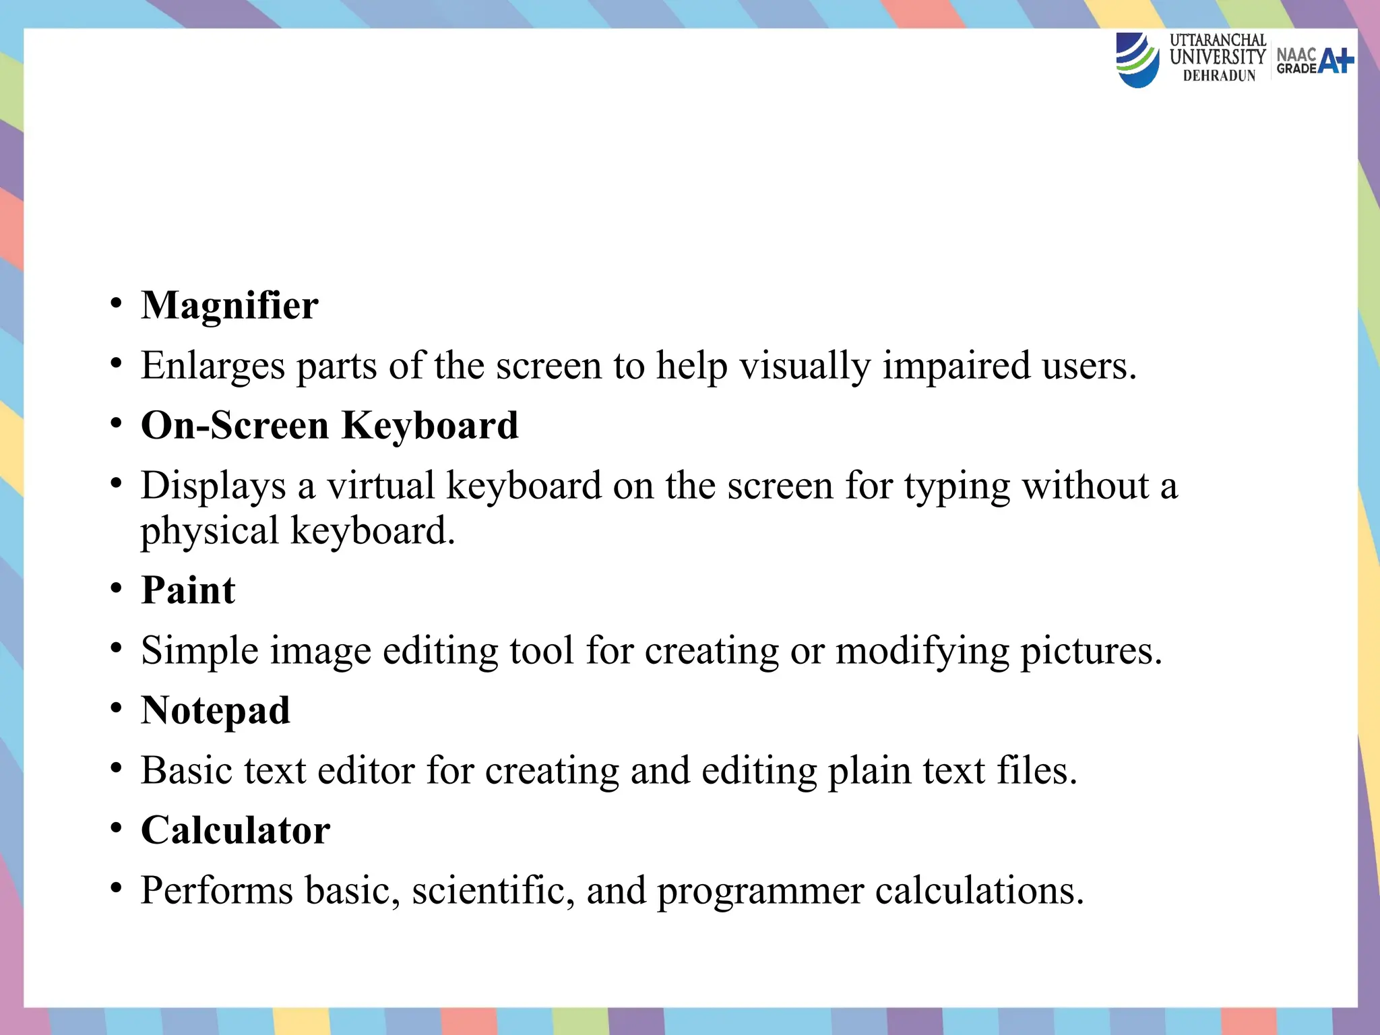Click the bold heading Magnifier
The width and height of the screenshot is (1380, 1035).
(x=229, y=305)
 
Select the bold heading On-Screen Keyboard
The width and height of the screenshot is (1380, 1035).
(x=330, y=425)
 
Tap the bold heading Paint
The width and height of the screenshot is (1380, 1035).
(x=188, y=590)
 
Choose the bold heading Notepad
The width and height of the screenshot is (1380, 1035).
(x=216, y=710)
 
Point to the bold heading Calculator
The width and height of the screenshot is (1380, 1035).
(x=235, y=829)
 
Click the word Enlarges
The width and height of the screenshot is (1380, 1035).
(x=213, y=366)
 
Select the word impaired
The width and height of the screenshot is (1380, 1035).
(x=956, y=366)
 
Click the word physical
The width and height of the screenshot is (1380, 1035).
(x=210, y=531)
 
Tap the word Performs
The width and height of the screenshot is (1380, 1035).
(x=217, y=890)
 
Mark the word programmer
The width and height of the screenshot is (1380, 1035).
(x=760, y=891)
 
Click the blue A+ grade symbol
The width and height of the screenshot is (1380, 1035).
(x=1336, y=61)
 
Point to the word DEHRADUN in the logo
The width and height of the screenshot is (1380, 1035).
(x=1219, y=76)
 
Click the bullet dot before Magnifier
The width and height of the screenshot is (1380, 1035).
(x=117, y=304)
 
